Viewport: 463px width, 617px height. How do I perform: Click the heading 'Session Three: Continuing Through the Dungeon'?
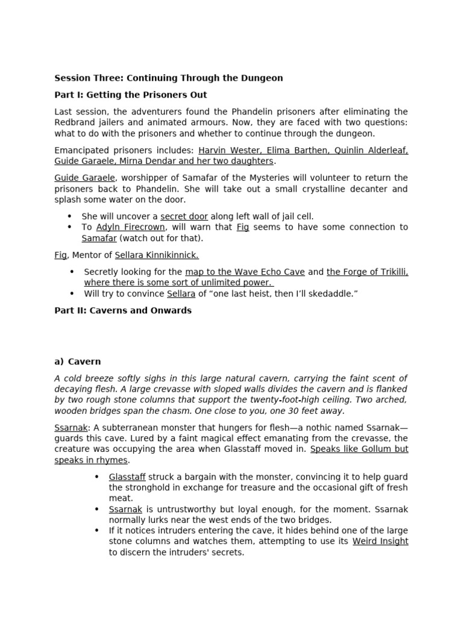pos(168,78)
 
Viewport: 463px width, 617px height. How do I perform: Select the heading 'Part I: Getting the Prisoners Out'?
pos(130,95)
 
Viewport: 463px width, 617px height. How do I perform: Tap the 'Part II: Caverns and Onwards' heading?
pos(123,310)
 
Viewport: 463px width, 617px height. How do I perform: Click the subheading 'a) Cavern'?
pos(77,362)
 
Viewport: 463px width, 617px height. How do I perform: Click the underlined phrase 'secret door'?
pos(184,216)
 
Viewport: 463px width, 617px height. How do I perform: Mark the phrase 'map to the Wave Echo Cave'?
pos(245,272)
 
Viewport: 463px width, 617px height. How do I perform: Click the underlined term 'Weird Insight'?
pos(380,541)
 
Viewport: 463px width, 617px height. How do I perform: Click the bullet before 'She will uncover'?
pos(69,216)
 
